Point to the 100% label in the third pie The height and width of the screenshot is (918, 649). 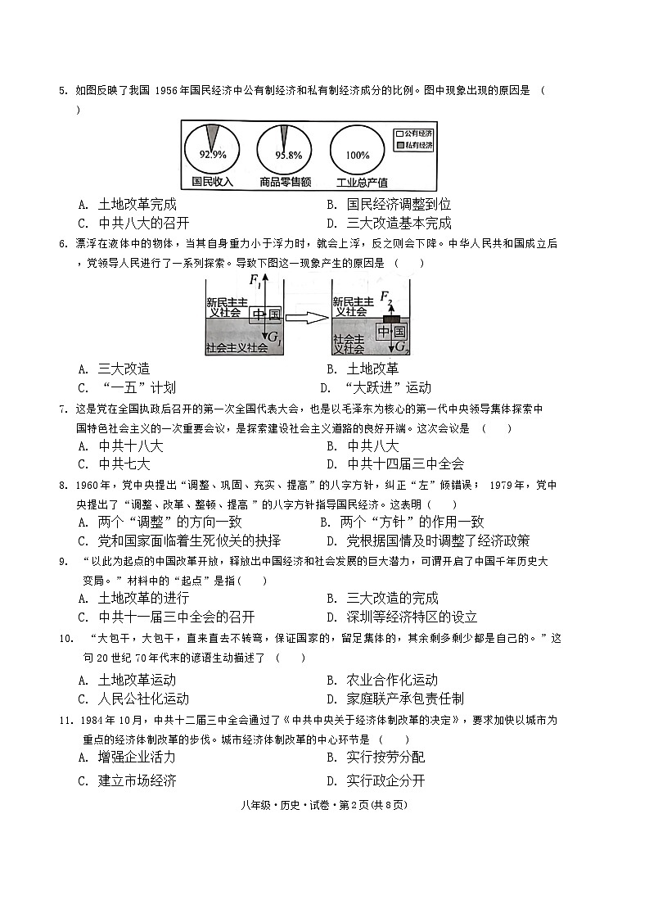click(x=358, y=155)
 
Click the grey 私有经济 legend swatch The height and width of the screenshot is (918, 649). click(x=400, y=145)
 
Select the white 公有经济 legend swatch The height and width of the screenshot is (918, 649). click(x=400, y=133)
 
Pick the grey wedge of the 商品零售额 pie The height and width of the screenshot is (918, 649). click(x=285, y=136)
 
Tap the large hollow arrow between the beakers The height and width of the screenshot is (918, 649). click(x=308, y=318)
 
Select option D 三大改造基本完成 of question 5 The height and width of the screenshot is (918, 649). click(x=389, y=224)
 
